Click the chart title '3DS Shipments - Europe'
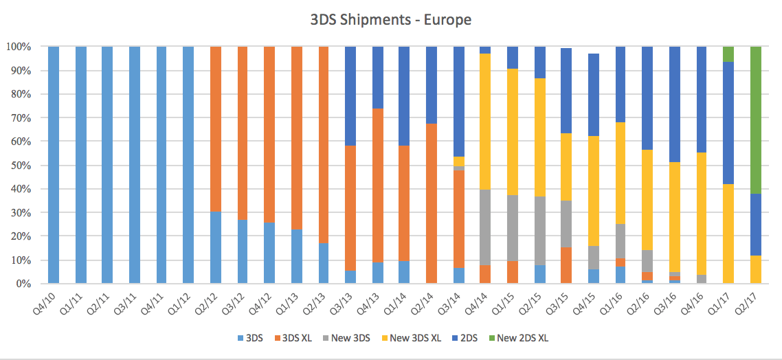tap(391, 19)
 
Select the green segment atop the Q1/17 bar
tap(728, 54)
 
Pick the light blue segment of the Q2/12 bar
tap(216, 247)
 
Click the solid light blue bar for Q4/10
tap(53, 165)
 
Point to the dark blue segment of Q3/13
tap(350, 96)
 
